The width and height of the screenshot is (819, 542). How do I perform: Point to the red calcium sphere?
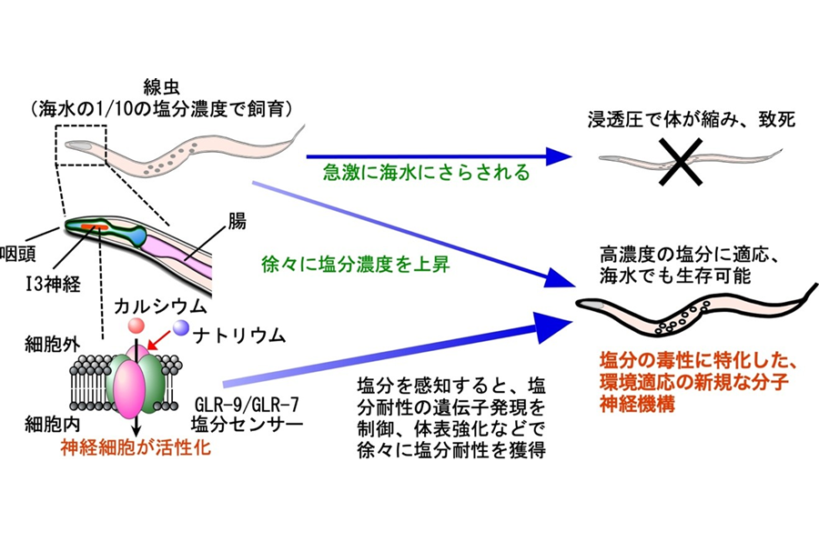click(x=136, y=326)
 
